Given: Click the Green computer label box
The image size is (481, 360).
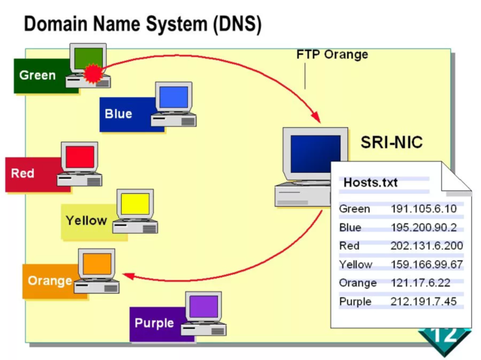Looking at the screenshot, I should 38,75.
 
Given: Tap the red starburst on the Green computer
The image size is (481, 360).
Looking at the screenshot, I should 92,73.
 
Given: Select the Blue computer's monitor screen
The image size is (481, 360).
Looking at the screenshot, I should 174,98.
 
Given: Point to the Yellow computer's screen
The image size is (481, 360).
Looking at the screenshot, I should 136,204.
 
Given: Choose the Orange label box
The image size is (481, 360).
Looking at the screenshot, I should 50,281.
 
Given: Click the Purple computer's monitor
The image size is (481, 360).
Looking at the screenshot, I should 204,307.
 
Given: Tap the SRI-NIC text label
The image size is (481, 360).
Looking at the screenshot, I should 392,142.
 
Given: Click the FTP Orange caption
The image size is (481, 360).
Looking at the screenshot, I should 332,55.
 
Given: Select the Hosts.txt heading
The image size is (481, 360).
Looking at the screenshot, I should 371,183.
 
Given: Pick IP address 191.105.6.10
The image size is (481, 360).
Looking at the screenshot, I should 424,208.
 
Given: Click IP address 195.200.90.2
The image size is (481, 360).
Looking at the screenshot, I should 424,227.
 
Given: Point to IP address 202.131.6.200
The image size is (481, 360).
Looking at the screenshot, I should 427,246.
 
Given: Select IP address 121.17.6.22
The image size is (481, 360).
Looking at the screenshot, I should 421,283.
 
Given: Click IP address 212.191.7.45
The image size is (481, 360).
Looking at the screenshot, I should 424,301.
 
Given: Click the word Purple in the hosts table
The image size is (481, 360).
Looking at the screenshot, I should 355,301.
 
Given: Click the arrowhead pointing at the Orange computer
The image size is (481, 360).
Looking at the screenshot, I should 128,277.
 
